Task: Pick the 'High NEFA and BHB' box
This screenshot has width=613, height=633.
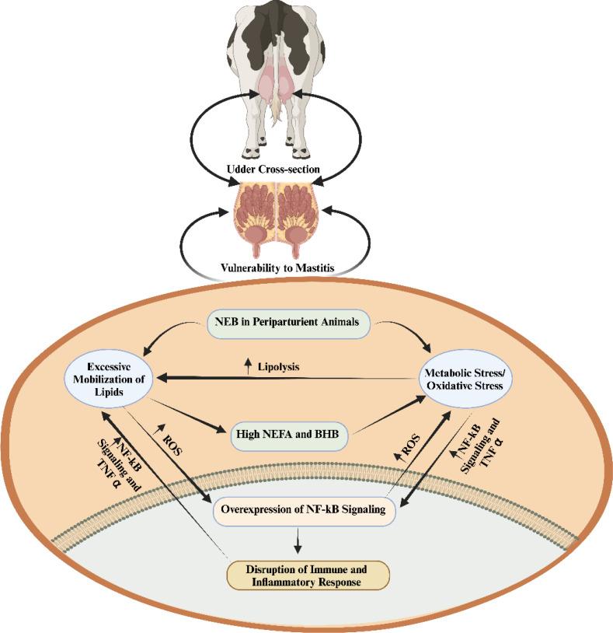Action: (280, 431)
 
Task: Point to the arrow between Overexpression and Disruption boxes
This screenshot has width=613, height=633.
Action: (300, 540)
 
